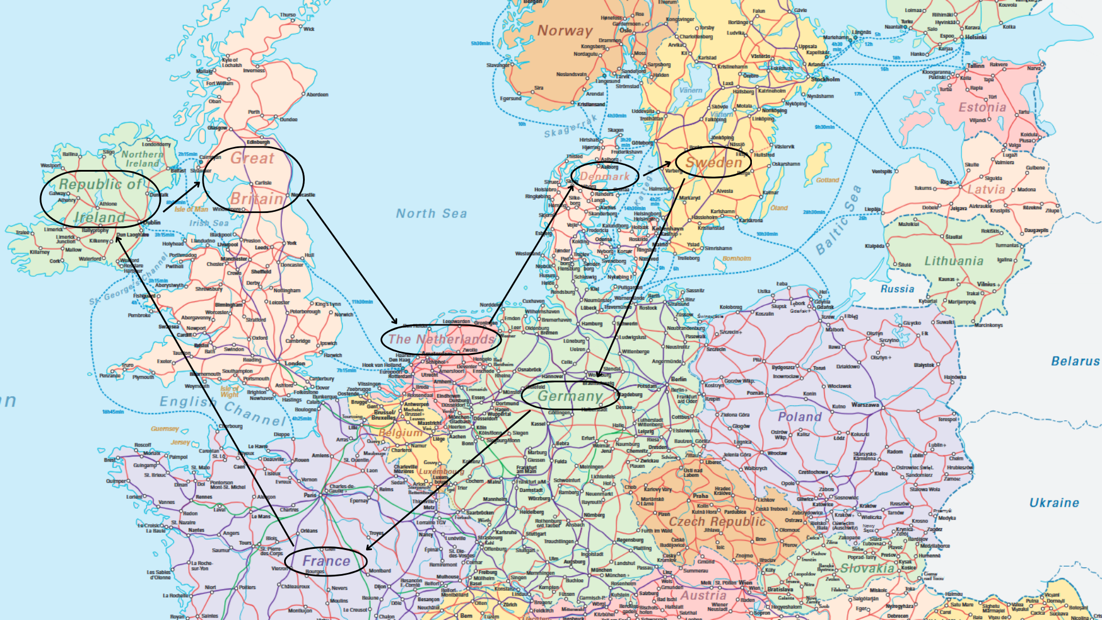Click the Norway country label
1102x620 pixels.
[565, 30]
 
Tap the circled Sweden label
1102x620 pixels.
[713, 162]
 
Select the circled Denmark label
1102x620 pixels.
[605, 176]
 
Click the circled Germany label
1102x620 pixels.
[570, 396]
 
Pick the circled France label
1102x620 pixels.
[325, 560]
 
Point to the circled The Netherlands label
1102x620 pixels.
[441, 339]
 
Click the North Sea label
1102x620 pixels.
[431, 214]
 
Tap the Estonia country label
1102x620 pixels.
[982, 107]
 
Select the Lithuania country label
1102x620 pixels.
[953, 261]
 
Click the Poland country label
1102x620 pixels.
[800, 417]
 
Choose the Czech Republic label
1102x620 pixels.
[717, 521]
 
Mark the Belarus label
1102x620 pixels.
[1075, 361]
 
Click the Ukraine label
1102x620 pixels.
[1054, 503]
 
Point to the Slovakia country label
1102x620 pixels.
[867, 568]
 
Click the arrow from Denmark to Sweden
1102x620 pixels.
[657, 169]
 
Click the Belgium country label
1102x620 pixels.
[400, 433]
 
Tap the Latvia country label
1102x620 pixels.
[986, 189]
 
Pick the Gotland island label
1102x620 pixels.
[827, 180]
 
